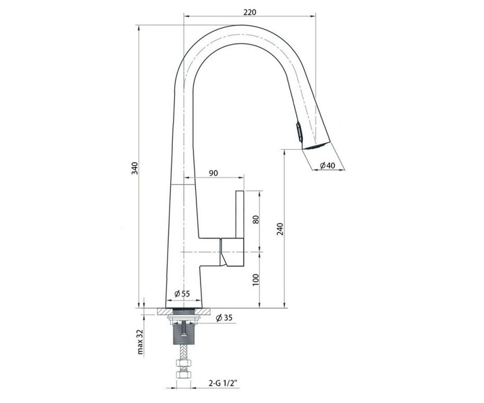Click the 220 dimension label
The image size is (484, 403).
[250, 12]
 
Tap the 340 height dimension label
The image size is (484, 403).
[135, 168]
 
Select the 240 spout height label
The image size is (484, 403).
[280, 229]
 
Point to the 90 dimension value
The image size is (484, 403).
[213, 173]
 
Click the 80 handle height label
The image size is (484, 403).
[256, 219]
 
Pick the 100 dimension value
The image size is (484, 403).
[256, 280]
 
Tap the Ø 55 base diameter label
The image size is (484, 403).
[182, 294]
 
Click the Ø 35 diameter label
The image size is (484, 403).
[224, 318]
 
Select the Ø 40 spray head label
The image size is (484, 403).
[327, 165]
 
